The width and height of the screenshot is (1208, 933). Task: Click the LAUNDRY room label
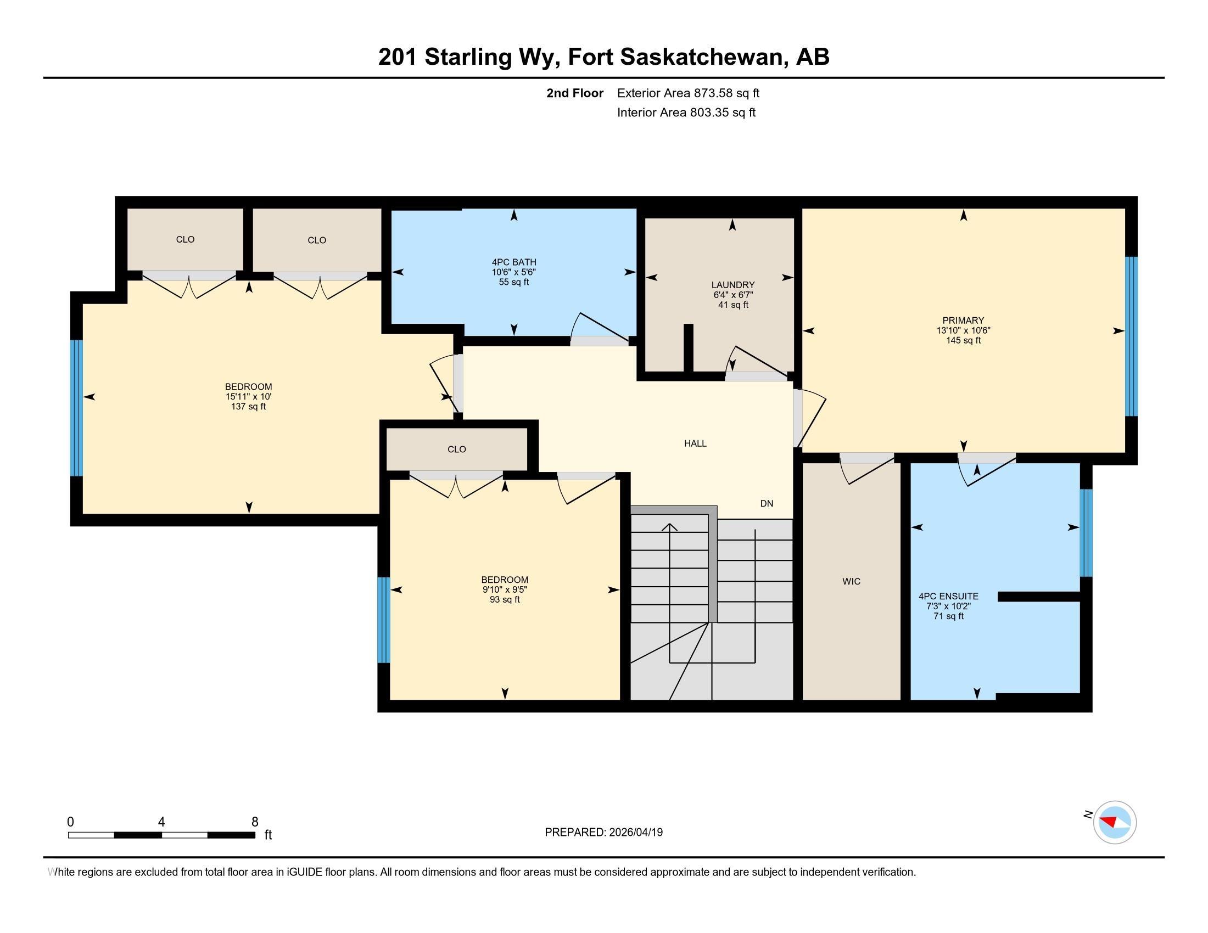pyautogui.click(x=733, y=285)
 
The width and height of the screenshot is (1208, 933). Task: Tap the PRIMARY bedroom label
pyautogui.click(x=963, y=321)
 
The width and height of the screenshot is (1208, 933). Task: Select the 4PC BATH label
pyautogui.click(x=514, y=262)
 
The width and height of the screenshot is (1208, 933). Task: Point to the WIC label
pyautogui.click(x=851, y=581)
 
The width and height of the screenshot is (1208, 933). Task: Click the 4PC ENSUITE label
pyautogui.click(x=948, y=597)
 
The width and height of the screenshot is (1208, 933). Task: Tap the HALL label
pyautogui.click(x=695, y=443)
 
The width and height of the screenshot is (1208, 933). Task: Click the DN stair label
pyautogui.click(x=767, y=503)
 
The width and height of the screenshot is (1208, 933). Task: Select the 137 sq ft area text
pyautogui.click(x=248, y=407)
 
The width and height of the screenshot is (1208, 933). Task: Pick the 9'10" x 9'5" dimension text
pyautogui.click(x=505, y=590)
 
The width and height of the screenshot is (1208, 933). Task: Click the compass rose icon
pyautogui.click(x=1115, y=823)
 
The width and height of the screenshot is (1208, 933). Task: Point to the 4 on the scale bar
pyautogui.click(x=161, y=822)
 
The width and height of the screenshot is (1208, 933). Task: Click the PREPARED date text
pyautogui.click(x=603, y=833)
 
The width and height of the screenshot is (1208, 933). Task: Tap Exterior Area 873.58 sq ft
pyautogui.click(x=688, y=93)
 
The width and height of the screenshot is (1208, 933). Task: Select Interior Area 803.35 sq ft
pyautogui.click(x=686, y=113)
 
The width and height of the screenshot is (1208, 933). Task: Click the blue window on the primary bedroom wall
pyautogui.click(x=1131, y=336)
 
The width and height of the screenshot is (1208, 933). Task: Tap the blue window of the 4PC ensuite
pyautogui.click(x=1086, y=533)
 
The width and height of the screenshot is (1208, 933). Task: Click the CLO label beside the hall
pyautogui.click(x=457, y=449)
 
